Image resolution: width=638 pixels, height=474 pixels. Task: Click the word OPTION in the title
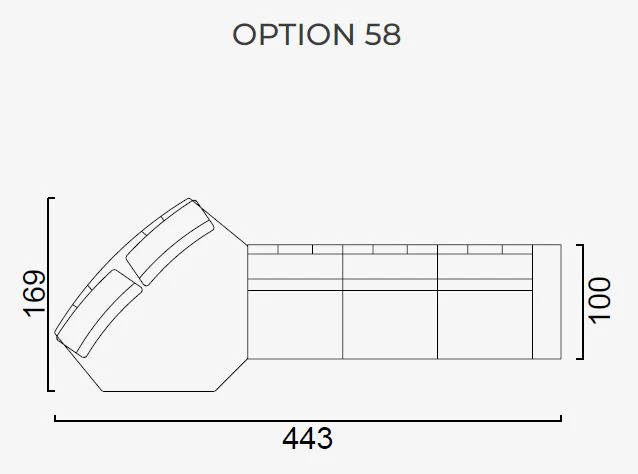coord(293,34)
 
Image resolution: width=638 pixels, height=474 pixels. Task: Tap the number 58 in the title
coord(382,34)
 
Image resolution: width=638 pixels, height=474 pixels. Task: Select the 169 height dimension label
coord(34,293)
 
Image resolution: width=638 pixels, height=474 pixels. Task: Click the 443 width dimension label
coord(308,439)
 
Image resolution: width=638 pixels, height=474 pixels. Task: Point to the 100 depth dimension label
coord(600,301)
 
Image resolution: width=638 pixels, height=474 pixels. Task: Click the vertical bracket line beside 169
coord(48,295)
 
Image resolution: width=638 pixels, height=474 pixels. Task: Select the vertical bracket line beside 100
coord(583,302)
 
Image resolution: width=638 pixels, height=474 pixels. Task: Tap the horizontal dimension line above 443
coord(308,420)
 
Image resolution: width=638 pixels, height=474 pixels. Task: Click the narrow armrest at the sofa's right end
coord(547,302)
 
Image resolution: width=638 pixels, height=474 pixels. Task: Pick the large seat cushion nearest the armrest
coord(485,325)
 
